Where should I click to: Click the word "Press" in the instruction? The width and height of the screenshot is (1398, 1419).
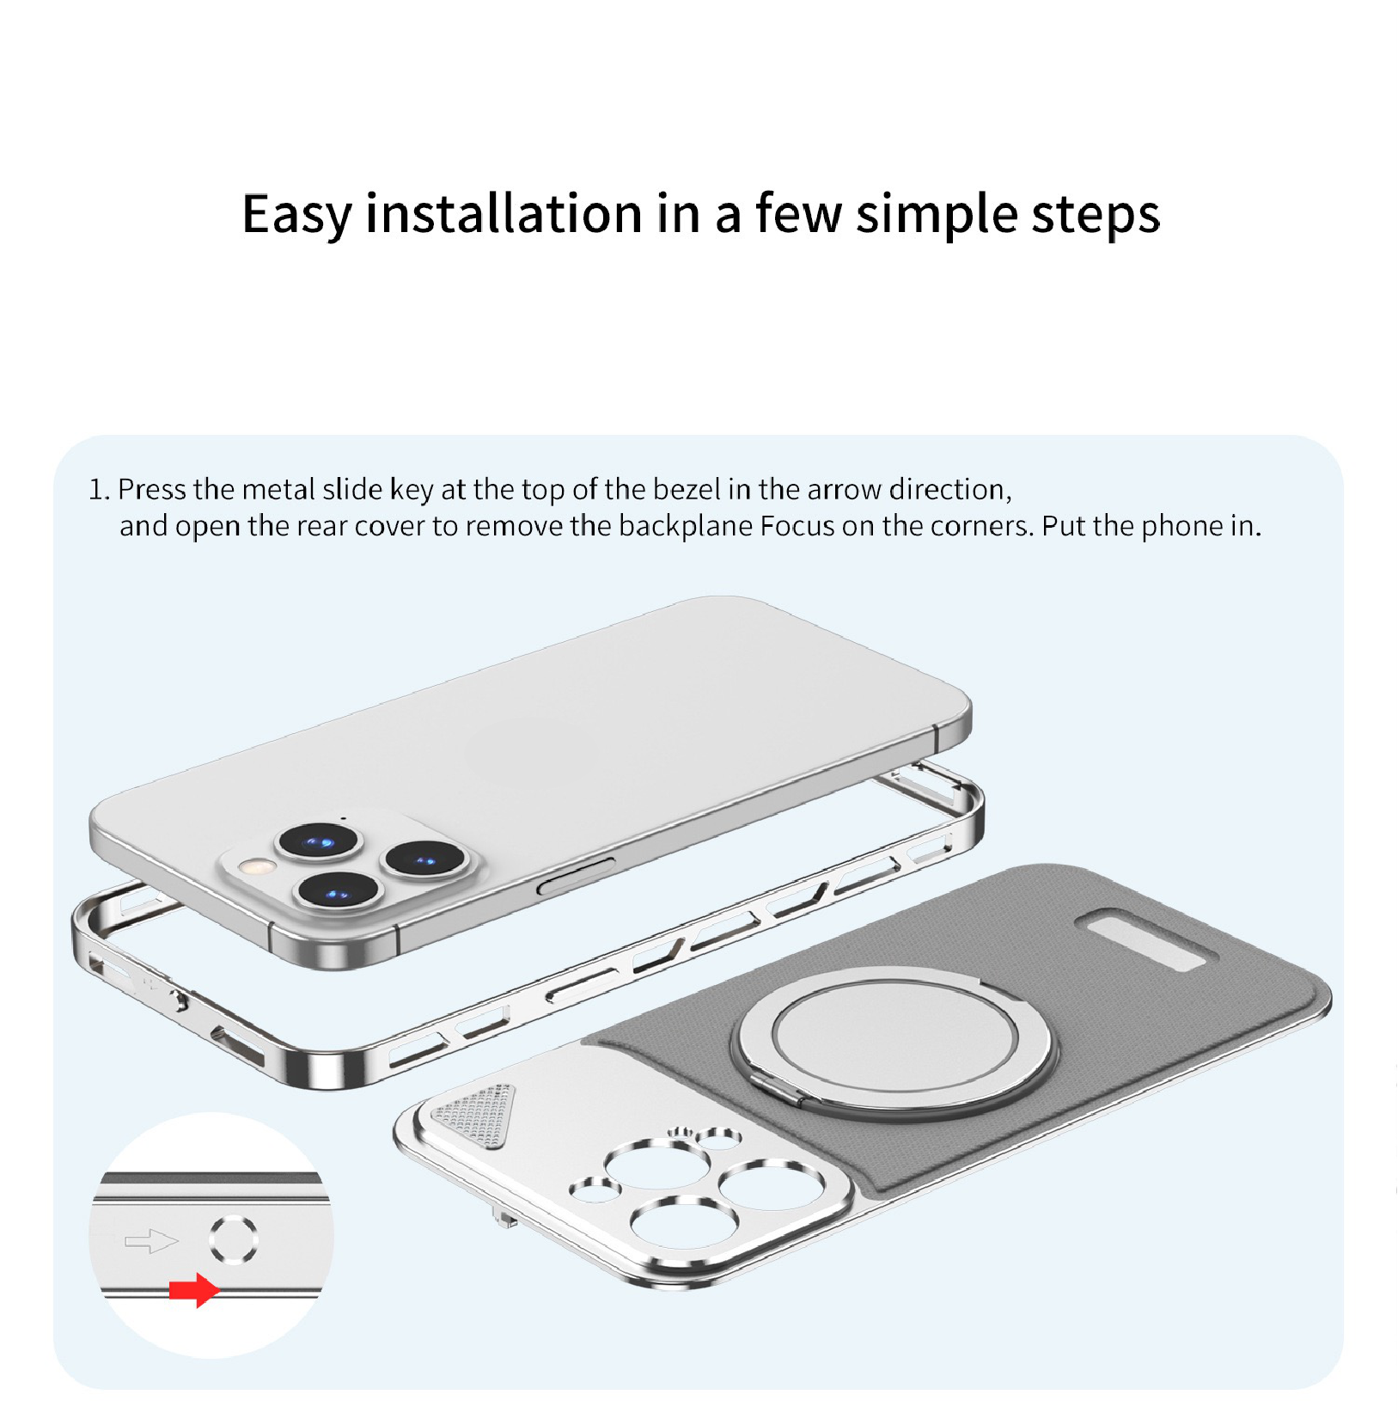(x=152, y=489)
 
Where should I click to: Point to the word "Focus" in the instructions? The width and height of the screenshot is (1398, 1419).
(x=797, y=525)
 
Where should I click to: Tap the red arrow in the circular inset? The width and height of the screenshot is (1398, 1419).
(x=194, y=1290)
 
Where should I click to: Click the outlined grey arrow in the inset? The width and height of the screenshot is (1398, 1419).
(x=151, y=1241)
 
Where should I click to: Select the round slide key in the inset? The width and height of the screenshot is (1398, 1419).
(x=233, y=1239)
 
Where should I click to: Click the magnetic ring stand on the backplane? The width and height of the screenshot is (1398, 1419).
(x=892, y=1042)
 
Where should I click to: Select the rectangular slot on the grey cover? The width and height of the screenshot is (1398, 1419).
(x=1146, y=942)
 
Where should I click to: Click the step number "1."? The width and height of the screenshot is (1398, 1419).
(x=100, y=490)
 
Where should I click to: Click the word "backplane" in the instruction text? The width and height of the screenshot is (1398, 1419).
(x=686, y=525)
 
